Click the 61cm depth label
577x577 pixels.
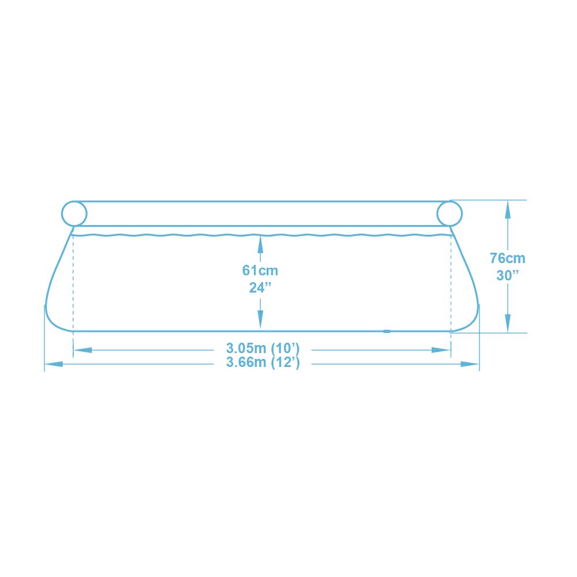(x=260, y=271)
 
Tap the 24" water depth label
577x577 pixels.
(x=260, y=288)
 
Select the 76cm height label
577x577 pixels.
(x=507, y=258)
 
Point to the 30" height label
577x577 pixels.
(x=507, y=275)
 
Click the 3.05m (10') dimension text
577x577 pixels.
(x=263, y=348)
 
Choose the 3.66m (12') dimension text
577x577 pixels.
(x=263, y=362)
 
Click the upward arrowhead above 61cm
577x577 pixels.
(x=260, y=243)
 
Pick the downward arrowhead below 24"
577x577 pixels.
(x=260, y=320)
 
